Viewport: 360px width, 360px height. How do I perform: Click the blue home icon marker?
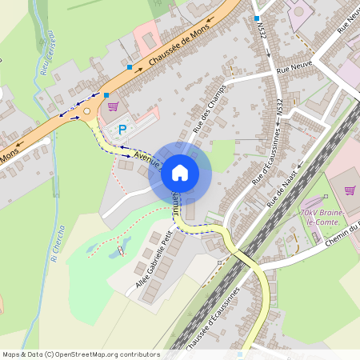coord(180,172)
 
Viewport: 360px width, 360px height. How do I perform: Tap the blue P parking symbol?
coord(122,129)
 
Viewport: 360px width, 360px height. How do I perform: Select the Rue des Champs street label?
coord(210,108)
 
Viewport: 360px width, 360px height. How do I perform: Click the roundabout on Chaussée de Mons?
coord(86,111)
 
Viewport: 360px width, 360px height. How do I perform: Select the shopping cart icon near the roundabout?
coord(113,106)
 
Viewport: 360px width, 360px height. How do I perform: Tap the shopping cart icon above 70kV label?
coord(350,190)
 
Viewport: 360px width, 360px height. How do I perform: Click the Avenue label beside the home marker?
coord(146,158)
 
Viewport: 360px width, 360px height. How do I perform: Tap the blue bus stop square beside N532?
coord(256,18)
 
